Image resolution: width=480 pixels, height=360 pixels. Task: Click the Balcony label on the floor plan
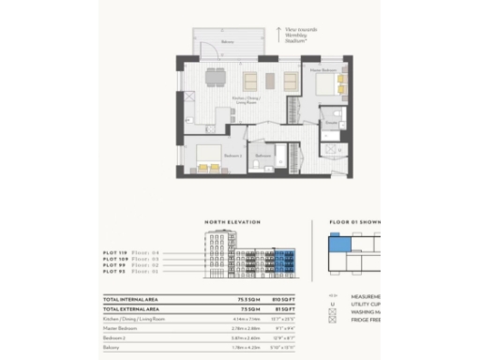tap(227, 42)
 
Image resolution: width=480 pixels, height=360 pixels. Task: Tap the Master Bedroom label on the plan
tap(323, 70)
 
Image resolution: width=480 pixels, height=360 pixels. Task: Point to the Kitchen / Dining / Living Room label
tap(246, 101)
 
